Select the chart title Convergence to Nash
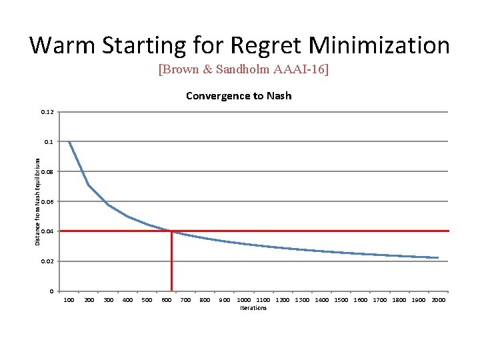pos(239,96)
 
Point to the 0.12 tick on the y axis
pos(47,112)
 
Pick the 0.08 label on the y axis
pos(47,172)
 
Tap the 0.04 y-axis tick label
pos(47,231)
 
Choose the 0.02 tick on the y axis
pos(47,261)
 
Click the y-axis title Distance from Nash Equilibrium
pos(37,201)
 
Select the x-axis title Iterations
pos(253,308)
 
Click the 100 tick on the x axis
pos(69,300)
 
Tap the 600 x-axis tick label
pos(167,300)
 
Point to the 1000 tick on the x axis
pos(244,300)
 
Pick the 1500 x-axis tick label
pos(341,300)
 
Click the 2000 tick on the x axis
pos(438,300)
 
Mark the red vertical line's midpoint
pos(171,261)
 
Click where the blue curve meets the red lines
pos(171,231)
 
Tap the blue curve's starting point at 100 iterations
pos(69,142)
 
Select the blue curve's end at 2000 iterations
pos(438,257)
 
